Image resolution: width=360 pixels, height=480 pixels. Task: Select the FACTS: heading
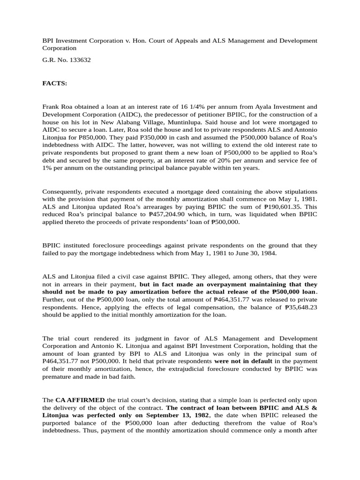pos(55,83)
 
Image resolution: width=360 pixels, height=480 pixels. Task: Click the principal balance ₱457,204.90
pos(169,214)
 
